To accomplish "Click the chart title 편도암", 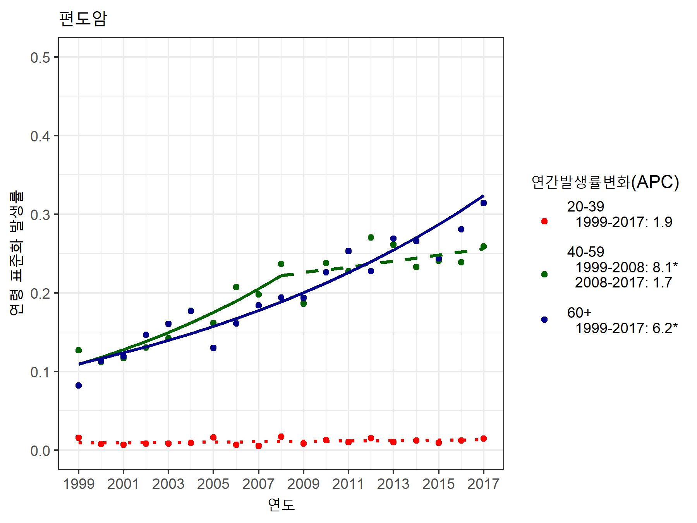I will [x=83, y=19].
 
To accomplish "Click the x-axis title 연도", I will [x=281, y=504].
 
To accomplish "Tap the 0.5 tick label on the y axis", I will [x=40, y=58].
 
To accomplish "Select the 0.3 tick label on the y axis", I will [x=40, y=215].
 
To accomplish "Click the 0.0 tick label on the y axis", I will [x=40, y=451].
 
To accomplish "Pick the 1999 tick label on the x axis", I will [x=79, y=484].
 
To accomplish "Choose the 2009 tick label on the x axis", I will [x=304, y=484].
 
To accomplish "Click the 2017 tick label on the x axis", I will [x=483, y=484].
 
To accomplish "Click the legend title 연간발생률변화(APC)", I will [x=605, y=182].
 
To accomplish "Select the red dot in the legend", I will [x=544, y=221].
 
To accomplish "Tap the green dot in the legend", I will [x=544, y=274].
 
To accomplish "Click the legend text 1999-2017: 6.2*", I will [x=626, y=328].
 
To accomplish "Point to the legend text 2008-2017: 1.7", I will [x=623, y=282].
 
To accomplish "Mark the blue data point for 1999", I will [x=79, y=385].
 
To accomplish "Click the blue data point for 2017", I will [x=483, y=203].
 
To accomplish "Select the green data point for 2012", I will [x=371, y=237].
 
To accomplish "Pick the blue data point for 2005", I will [x=213, y=348].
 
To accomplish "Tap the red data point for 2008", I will [x=281, y=437].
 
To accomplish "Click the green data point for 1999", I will [x=79, y=350].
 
